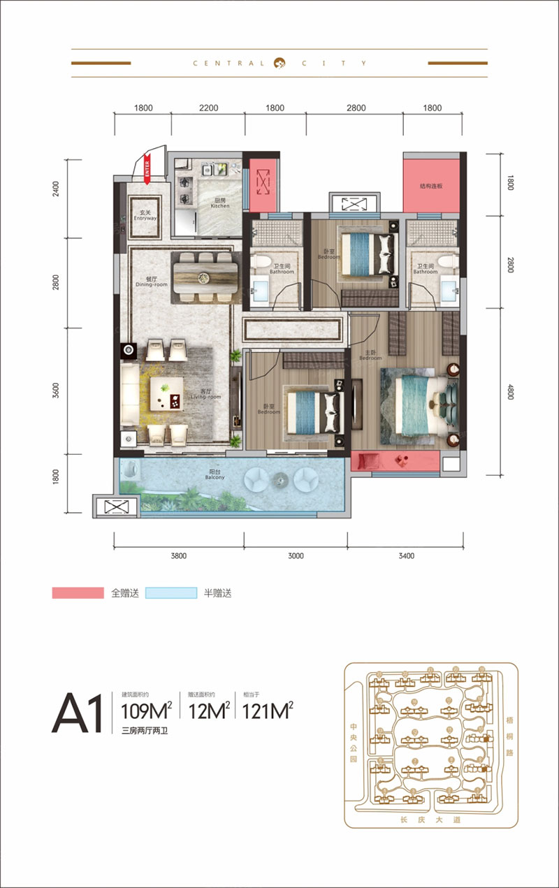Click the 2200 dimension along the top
(x=208, y=108)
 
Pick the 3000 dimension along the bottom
(x=296, y=556)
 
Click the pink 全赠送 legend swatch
(x=78, y=593)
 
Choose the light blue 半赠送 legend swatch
(x=171, y=593)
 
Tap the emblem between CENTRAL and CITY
(x=279, y=63)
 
